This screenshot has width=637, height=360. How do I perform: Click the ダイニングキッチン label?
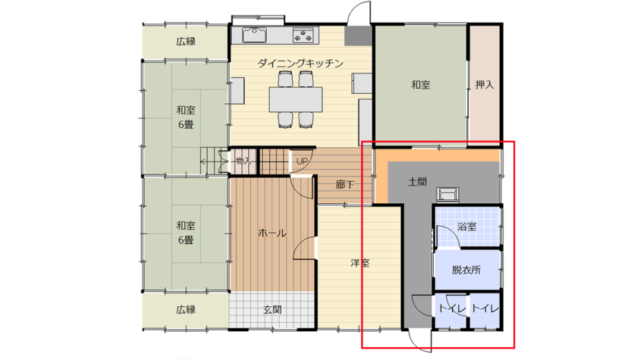click(x=300, y=64)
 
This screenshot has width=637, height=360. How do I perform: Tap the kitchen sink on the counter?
click(x=254, y=35)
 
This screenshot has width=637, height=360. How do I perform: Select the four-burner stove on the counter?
click(x=303, y=36)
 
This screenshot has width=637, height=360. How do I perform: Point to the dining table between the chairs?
click(x=296, y=99)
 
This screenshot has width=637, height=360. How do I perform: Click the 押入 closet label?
click(x=485, y=85)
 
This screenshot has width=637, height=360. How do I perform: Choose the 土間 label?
click(x=417, y=181)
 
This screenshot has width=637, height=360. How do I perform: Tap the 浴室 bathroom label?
click(x=466, y=227)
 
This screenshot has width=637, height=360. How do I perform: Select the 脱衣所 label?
click(x=466, y=270)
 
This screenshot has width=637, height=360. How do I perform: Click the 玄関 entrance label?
click(x=272, y=310)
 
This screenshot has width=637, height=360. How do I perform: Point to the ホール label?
click(x=272, y=233)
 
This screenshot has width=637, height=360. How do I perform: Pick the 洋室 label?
click(x=360, y=263)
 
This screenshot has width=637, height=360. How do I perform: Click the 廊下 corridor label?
click(x=344, y=185)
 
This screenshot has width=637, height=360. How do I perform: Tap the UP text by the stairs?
click(x=302, y=161)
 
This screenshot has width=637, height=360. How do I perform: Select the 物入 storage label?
click(x=243, y=161)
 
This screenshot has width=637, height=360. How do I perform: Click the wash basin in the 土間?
click(x=447, y=195)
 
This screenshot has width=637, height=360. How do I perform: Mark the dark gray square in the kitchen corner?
click(x=358, y=36)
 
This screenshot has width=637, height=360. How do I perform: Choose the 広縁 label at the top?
click(x=186, y=41)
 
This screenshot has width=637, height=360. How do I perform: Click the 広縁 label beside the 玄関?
click(x=186, y=310)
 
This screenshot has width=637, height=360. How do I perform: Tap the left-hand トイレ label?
click(x=452, y=309)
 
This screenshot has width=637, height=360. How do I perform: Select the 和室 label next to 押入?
click(x=420, y=85)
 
